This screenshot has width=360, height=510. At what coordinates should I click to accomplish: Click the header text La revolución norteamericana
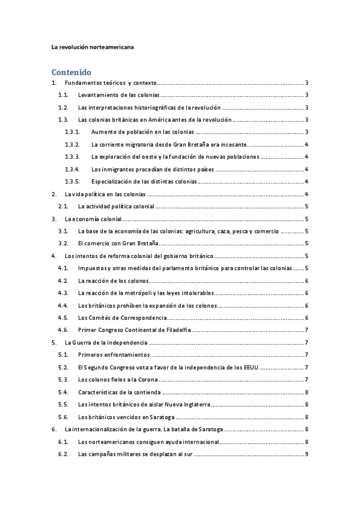click(93, 46)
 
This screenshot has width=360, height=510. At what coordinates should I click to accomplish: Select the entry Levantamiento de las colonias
click(118, 95)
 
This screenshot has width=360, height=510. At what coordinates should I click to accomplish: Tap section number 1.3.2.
click(72, 144)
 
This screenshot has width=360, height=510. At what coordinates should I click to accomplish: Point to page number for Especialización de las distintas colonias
click(307, 182)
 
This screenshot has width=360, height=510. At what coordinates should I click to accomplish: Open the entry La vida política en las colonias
click(105, 194)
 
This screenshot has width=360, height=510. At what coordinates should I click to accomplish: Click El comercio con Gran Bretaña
click(118, 244)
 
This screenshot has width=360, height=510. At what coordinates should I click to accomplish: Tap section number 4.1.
click(63, 268)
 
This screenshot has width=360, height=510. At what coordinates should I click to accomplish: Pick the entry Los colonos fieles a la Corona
click(118, 379)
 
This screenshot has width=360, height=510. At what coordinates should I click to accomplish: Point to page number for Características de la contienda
click(307, 392)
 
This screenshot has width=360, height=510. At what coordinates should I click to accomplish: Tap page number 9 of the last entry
click(307, 453)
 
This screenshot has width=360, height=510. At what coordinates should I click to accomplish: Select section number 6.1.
click(63, 441)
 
